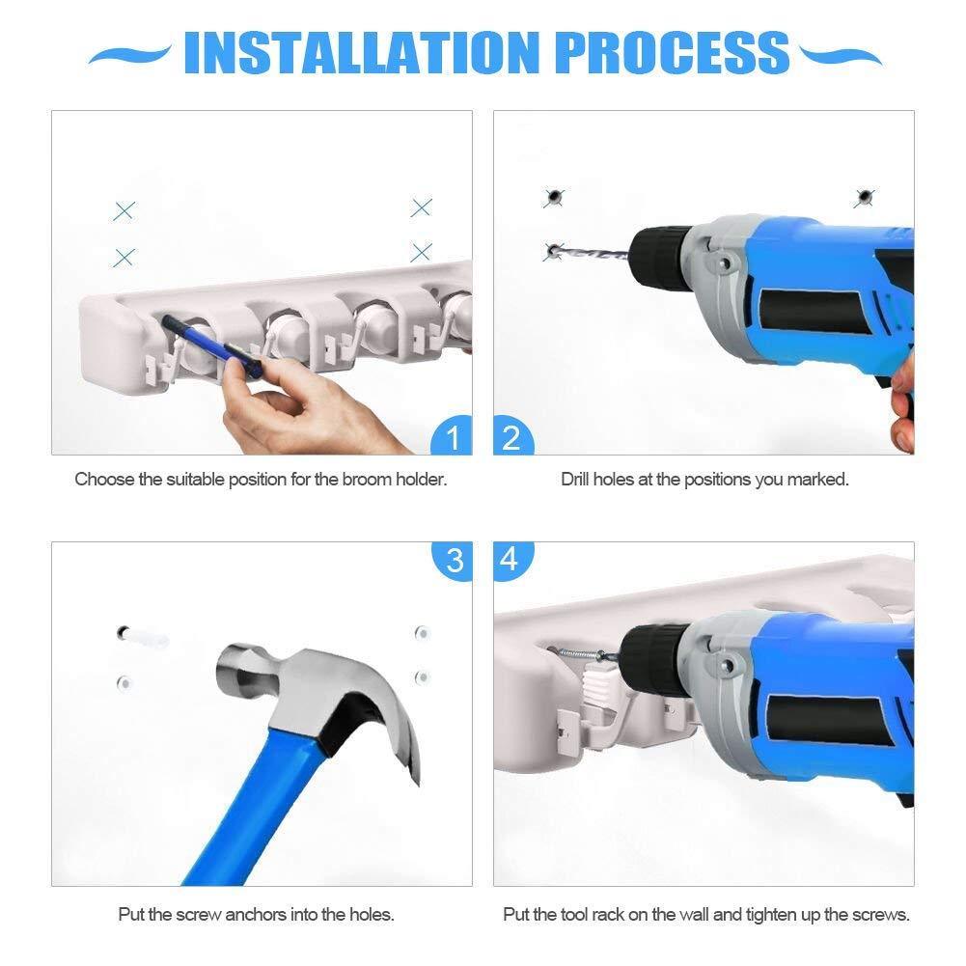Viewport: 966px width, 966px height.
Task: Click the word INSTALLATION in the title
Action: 362,53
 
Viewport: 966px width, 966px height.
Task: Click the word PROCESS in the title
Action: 672,53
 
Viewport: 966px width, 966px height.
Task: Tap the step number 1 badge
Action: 453,436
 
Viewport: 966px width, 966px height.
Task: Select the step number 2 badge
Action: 513,436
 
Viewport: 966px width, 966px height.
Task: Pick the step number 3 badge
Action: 453,561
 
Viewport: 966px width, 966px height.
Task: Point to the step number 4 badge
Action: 512,561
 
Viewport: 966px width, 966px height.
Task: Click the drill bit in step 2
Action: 592,253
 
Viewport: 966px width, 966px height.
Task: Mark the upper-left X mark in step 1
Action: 124,210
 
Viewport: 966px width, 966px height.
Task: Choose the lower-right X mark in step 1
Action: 422,252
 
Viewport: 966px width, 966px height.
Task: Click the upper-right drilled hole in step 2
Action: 865,197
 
